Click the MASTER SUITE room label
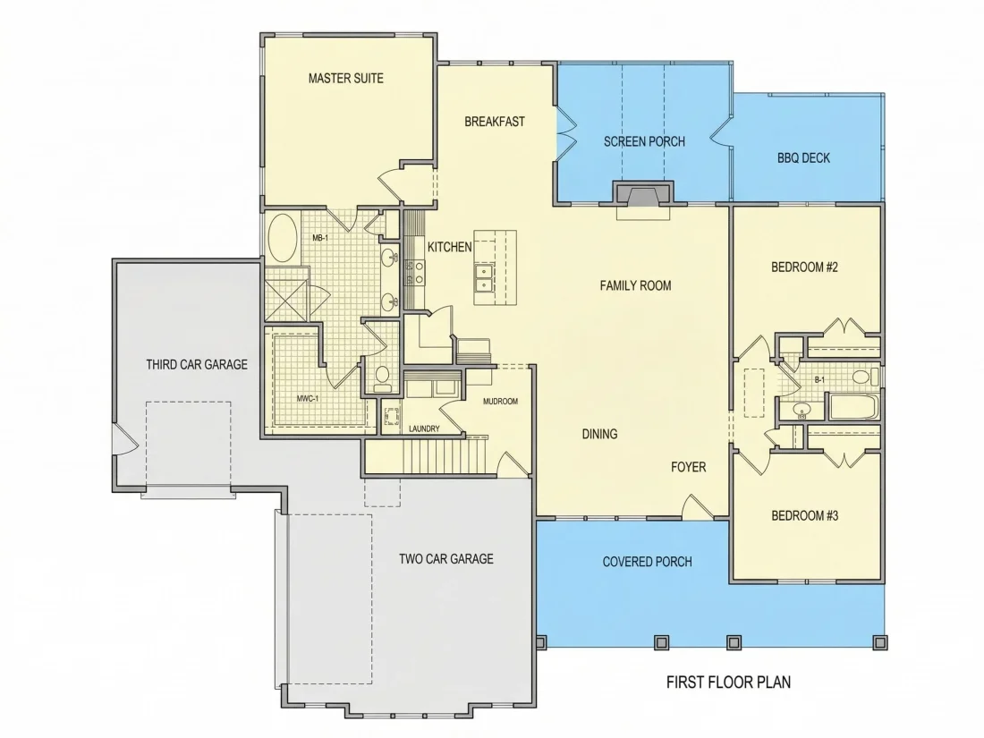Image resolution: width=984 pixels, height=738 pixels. pyautogui.click(x=346, y=79)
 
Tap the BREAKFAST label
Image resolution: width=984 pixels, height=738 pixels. pyautogui.click(x=495, y=122)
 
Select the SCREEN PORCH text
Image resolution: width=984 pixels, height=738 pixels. pyautogui.click(x=644, y=142)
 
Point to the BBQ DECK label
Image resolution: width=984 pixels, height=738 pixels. pyautogui.click(x=803, y=158)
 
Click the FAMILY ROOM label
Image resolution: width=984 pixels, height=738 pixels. pyautogui.click(x=636, y=286)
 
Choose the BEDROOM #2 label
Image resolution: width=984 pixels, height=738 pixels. pyautogui.click(x=804, y=267)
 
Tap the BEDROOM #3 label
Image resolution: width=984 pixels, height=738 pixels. pyautogui.click(x=804, y=516)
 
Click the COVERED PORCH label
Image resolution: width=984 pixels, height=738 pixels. pyautogui.click(x=647, y=562)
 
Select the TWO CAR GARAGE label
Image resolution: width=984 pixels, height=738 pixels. pyautogui.click(x=446, y=558)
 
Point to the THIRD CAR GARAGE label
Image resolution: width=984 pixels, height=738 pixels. pyautogui.click(x=197, y=365)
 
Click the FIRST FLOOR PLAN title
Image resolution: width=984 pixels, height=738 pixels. pyautogui.click(x=728, y=683)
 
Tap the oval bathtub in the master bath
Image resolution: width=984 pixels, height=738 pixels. pyautogui.click(x=283, y=239)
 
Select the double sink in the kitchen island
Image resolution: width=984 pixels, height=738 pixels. pyautogui.click(x=485, y=278)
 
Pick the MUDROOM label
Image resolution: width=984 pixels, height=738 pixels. pyautogui.click(x=500, y=402)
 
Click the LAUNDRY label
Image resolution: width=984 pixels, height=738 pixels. pyautogui.click(x=424, y=429)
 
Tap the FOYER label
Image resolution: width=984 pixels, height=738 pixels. pyautogui.click(x=689, y=468)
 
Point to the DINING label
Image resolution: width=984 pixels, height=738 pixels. pyautogui.click(x=599, y=434)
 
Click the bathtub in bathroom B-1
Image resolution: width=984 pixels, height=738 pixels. pyautogui.click(x=855, y=406)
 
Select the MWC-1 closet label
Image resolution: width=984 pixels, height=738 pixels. pyautogui.click(x=308, y=398)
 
